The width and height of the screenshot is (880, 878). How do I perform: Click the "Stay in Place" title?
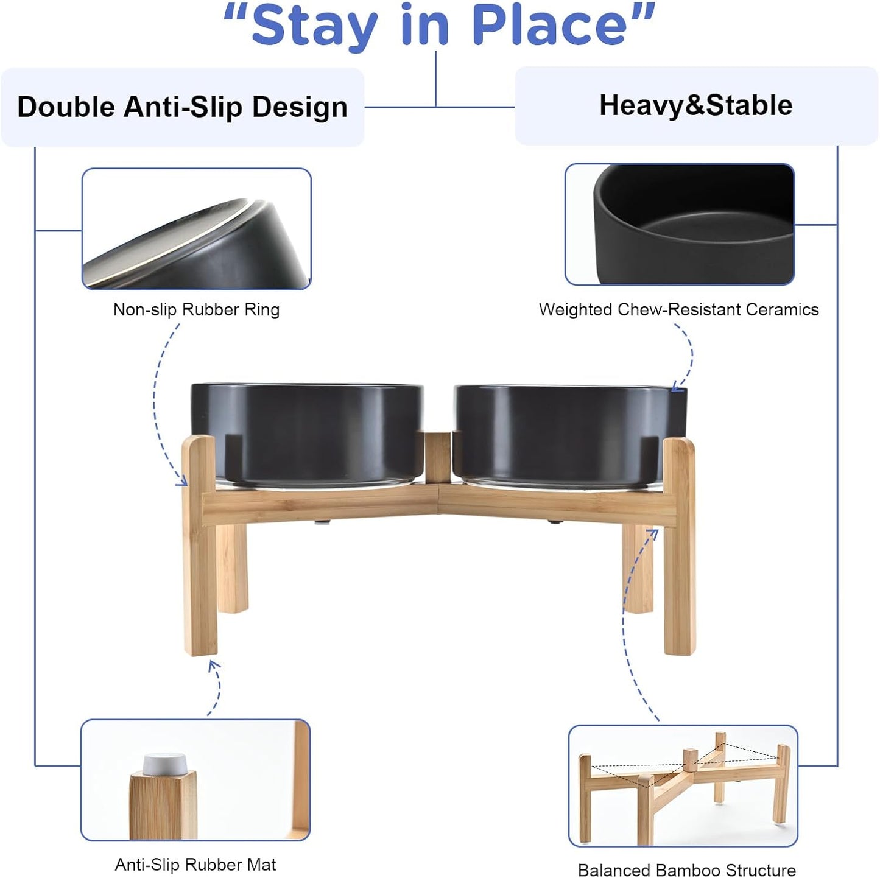click(438, 26)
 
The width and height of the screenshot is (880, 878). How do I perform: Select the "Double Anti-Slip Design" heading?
click(182, 107)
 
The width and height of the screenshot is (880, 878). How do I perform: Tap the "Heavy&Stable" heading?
click(695, 105)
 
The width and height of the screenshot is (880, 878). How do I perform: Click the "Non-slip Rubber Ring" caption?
click(196, 309)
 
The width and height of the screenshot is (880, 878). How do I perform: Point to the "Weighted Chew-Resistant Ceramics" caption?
click(678, 309)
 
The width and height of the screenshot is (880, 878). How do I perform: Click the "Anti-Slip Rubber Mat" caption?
click(195, 865)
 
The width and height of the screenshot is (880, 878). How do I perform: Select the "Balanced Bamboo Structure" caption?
click(686, 870)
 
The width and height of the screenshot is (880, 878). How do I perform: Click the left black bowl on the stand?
click(308, 432)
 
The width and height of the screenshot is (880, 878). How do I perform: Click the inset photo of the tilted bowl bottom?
click(197, 229)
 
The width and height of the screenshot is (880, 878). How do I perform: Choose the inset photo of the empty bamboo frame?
click(683, 785)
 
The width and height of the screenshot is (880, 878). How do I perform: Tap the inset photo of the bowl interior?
click(680, 224)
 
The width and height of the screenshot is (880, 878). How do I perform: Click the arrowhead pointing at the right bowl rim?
click(676, 387)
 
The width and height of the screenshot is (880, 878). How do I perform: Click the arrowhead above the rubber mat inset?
click(213, 665)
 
